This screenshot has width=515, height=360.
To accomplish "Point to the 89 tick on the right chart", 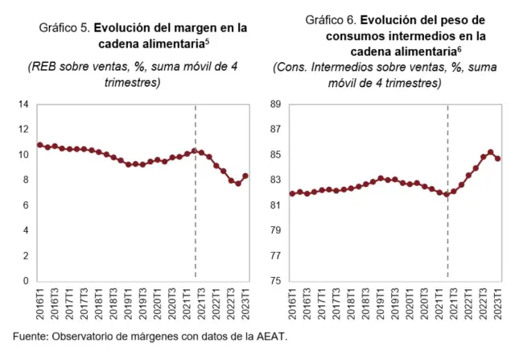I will coord(274,104).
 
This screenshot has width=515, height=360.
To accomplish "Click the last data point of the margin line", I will coord(245,176).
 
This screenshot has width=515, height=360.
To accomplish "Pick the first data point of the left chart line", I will coord(40,145).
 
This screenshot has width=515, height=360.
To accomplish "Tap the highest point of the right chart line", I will coord(491,152).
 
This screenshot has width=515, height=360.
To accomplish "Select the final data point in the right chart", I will coord(498,159).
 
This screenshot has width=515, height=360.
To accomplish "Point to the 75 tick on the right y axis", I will coord(274,281).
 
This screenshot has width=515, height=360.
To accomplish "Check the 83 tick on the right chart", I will coord(274,180).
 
